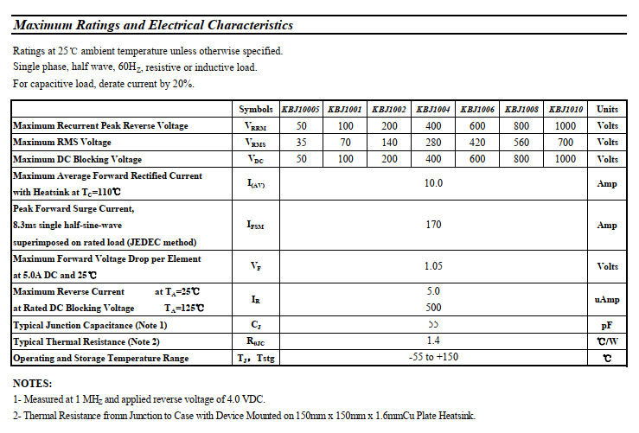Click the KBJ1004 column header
(x=432, y=110)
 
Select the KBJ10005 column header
(x=301, y=110)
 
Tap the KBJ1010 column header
(x=566, y=110)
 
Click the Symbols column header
(x=255, y=110)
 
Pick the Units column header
(x=607, y=110)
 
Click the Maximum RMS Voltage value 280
(x=433, y=143)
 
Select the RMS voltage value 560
(x=521, y=143)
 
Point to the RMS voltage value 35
(x=301, y=143)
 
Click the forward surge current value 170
(x=433, y=225)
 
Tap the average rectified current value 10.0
(x=433, y=183)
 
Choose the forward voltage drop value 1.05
(x=433, y=266)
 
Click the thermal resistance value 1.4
(x=433, y=341)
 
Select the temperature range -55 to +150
(x=433, y=358)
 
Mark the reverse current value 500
(x=433, y=308)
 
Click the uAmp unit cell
(x=607, y=300)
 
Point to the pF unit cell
(x=607, y=325)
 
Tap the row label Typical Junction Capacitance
(x=90, y=325)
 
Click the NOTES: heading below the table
(x=33, y=383)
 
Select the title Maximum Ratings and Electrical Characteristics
(x=153, y=26)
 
